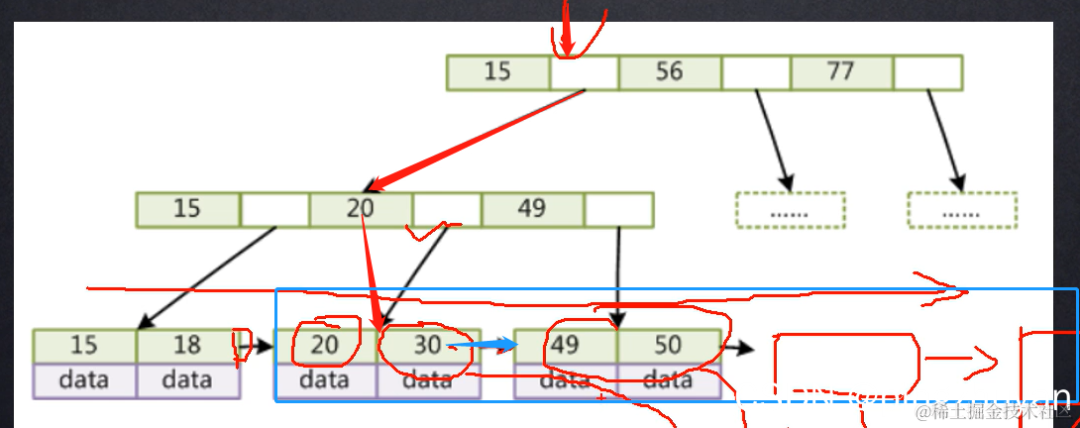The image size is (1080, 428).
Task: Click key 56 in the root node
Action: [x=670, y=72]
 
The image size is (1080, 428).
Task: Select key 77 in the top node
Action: [x=841, y=72]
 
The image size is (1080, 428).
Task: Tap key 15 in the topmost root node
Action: [x=497, y=72]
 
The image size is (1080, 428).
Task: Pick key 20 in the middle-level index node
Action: [x=361, y=209]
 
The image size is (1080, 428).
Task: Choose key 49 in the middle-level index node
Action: [x=532, y=209]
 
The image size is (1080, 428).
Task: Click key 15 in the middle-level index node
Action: [x=187, y=209]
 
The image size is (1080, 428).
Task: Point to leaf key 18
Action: [x=187, y=346]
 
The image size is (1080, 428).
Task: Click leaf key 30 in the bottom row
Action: [x=428, y=346]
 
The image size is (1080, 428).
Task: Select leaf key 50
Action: [x=668, y=346]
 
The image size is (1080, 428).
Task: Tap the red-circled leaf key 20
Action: [x=325, y=346]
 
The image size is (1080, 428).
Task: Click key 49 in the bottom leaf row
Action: [x=565, y=346]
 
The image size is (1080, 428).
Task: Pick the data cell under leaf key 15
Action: [x=84, y=380]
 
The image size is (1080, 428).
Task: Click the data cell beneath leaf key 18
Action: [x=187, y=380]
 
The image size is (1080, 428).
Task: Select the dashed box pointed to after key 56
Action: [x=790, y=210]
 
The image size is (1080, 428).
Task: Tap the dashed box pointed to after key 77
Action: [x=962, y=210]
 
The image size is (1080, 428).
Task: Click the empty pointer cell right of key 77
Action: [x=927, y=72]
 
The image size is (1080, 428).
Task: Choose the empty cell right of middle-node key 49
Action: [x=618, y=209]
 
